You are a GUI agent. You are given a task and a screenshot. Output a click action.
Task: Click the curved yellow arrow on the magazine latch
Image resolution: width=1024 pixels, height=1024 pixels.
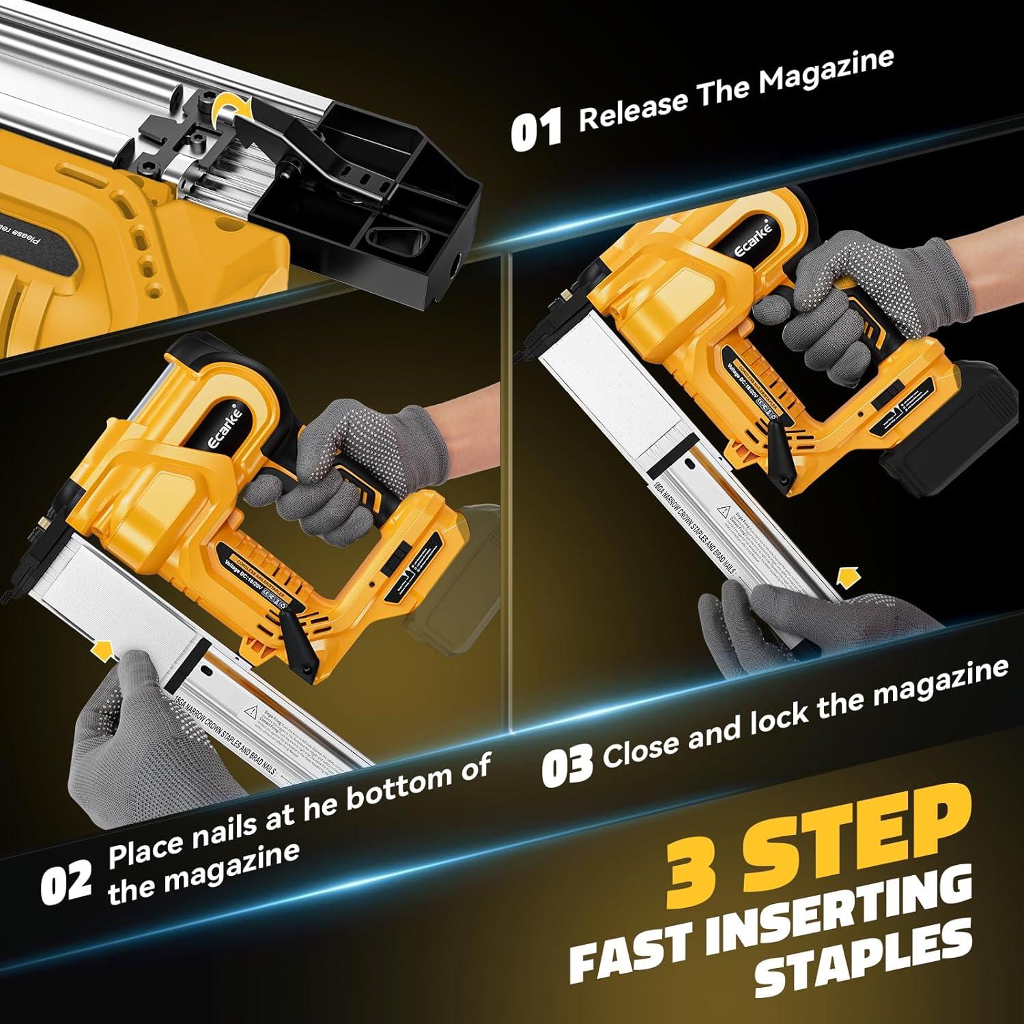[x=232, y=109]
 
